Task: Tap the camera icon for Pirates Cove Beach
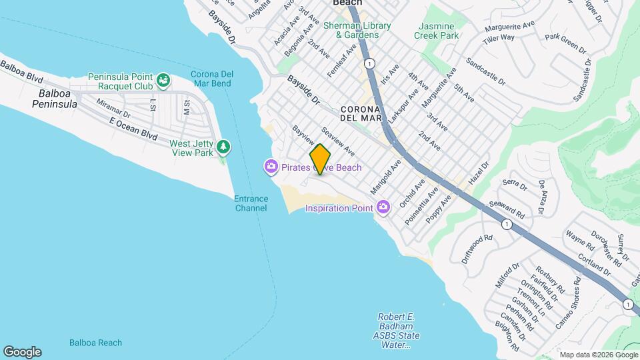[271, 166]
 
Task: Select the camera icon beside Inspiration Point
[383, 207]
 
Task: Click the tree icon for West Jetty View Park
[224, 146]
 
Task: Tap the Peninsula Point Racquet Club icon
[163, 82]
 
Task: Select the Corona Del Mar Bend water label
[211, 79]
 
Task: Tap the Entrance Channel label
[251, 203]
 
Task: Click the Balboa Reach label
[95, 343]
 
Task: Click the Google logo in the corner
[22, 351]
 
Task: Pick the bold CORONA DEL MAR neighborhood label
[360, 113]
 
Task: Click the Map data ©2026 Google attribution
[599, 355]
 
